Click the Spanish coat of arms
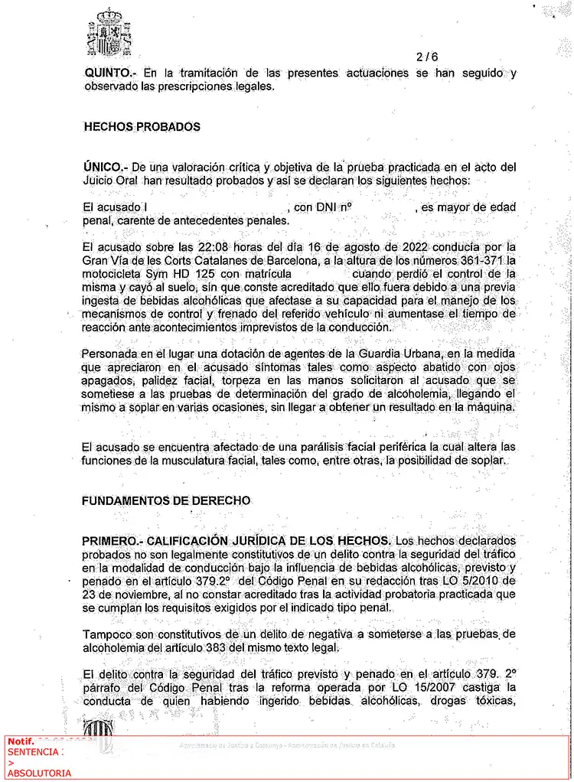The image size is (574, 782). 111,32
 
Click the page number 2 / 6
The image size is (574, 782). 427,57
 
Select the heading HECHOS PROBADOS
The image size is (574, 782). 142,127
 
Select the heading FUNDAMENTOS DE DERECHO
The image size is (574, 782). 167,500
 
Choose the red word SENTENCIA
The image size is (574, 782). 34,752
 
